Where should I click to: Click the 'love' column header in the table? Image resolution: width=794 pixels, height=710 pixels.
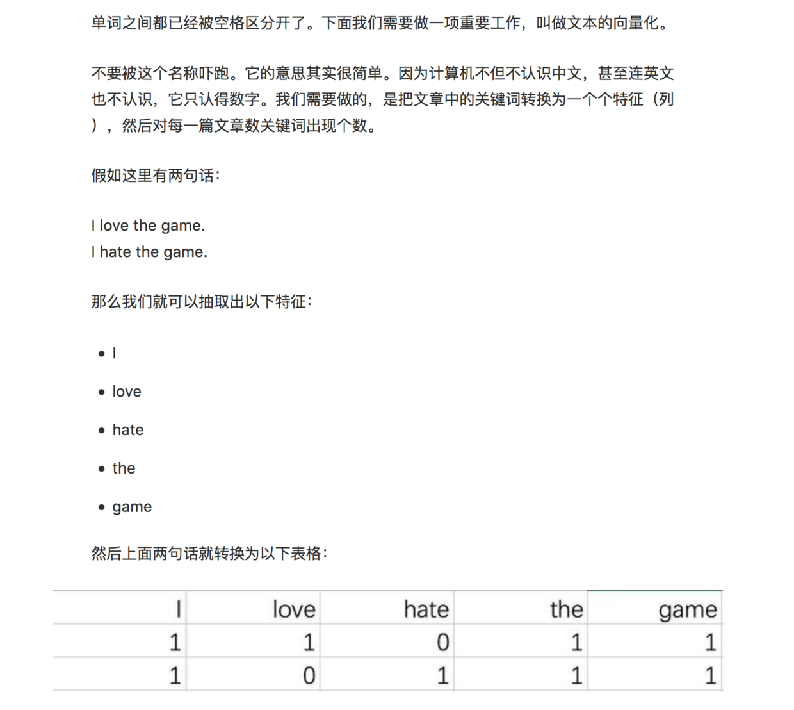point(294,609)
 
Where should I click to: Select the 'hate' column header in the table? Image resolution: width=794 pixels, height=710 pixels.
point(426,609)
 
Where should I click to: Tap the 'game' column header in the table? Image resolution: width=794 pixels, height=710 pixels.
point(687,609)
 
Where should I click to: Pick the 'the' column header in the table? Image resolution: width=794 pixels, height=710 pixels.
point(567,609)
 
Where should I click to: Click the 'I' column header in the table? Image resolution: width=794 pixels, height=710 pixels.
point(179,609)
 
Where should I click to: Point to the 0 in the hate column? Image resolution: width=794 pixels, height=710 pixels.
point(442,642)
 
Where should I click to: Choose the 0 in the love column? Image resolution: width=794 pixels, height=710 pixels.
point(309,675)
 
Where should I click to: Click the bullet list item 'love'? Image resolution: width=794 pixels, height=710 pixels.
point(127,392)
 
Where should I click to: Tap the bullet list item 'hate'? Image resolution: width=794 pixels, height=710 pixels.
point(128,430)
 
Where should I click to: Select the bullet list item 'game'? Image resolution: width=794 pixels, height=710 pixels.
point(132,507)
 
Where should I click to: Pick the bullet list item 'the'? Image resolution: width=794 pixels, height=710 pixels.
point(124,468)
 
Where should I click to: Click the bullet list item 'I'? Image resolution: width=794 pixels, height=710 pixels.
point(114,353)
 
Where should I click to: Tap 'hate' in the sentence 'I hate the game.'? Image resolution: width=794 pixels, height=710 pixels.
point(115,252)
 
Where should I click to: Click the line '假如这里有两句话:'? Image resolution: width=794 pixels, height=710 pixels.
point(156,175)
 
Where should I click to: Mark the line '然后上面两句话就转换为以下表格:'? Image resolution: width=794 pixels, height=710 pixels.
point(209,553)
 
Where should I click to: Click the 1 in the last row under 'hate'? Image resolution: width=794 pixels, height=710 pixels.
point(442,675)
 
